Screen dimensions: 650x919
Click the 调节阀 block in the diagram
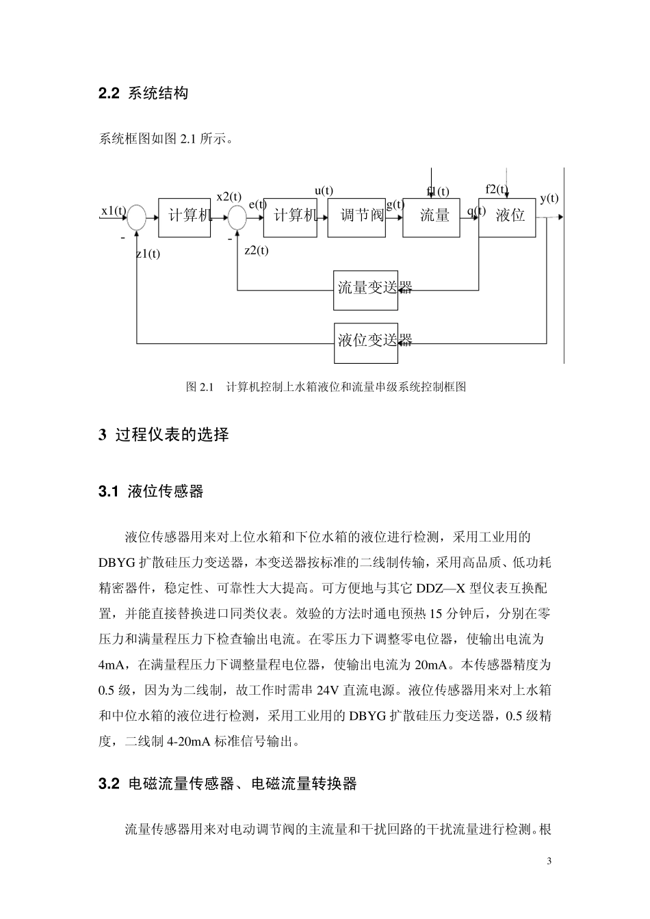tap(356, 218)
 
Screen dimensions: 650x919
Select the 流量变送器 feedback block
tap(365, 291)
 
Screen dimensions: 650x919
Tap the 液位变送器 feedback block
tap(366, 343)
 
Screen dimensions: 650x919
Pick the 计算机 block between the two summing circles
tap(184, 218)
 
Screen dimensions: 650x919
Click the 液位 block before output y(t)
tap(507, 218)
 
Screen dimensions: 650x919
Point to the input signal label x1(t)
tap(114, 211)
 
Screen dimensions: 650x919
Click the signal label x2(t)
tap(229, 197)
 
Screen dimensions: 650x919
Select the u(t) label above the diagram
tap(324, 191)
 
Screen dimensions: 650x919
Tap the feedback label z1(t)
tap(148, 254)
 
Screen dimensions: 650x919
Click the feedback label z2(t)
tap(257, 250)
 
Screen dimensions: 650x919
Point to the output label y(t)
tap(549, 198)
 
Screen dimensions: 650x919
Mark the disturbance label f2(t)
tap(497, 189)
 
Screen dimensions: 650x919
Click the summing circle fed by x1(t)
tap(136, 217)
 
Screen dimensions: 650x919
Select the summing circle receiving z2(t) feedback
tap(237, 217)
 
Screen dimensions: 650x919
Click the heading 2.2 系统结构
tap(143, 93)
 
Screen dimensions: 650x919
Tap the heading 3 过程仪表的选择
tap(164, 434)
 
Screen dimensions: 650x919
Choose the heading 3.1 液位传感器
tap(151, 491)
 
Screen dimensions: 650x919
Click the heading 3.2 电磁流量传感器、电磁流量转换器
tap(227, 784)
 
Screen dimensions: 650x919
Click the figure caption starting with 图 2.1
tap(326, 386)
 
